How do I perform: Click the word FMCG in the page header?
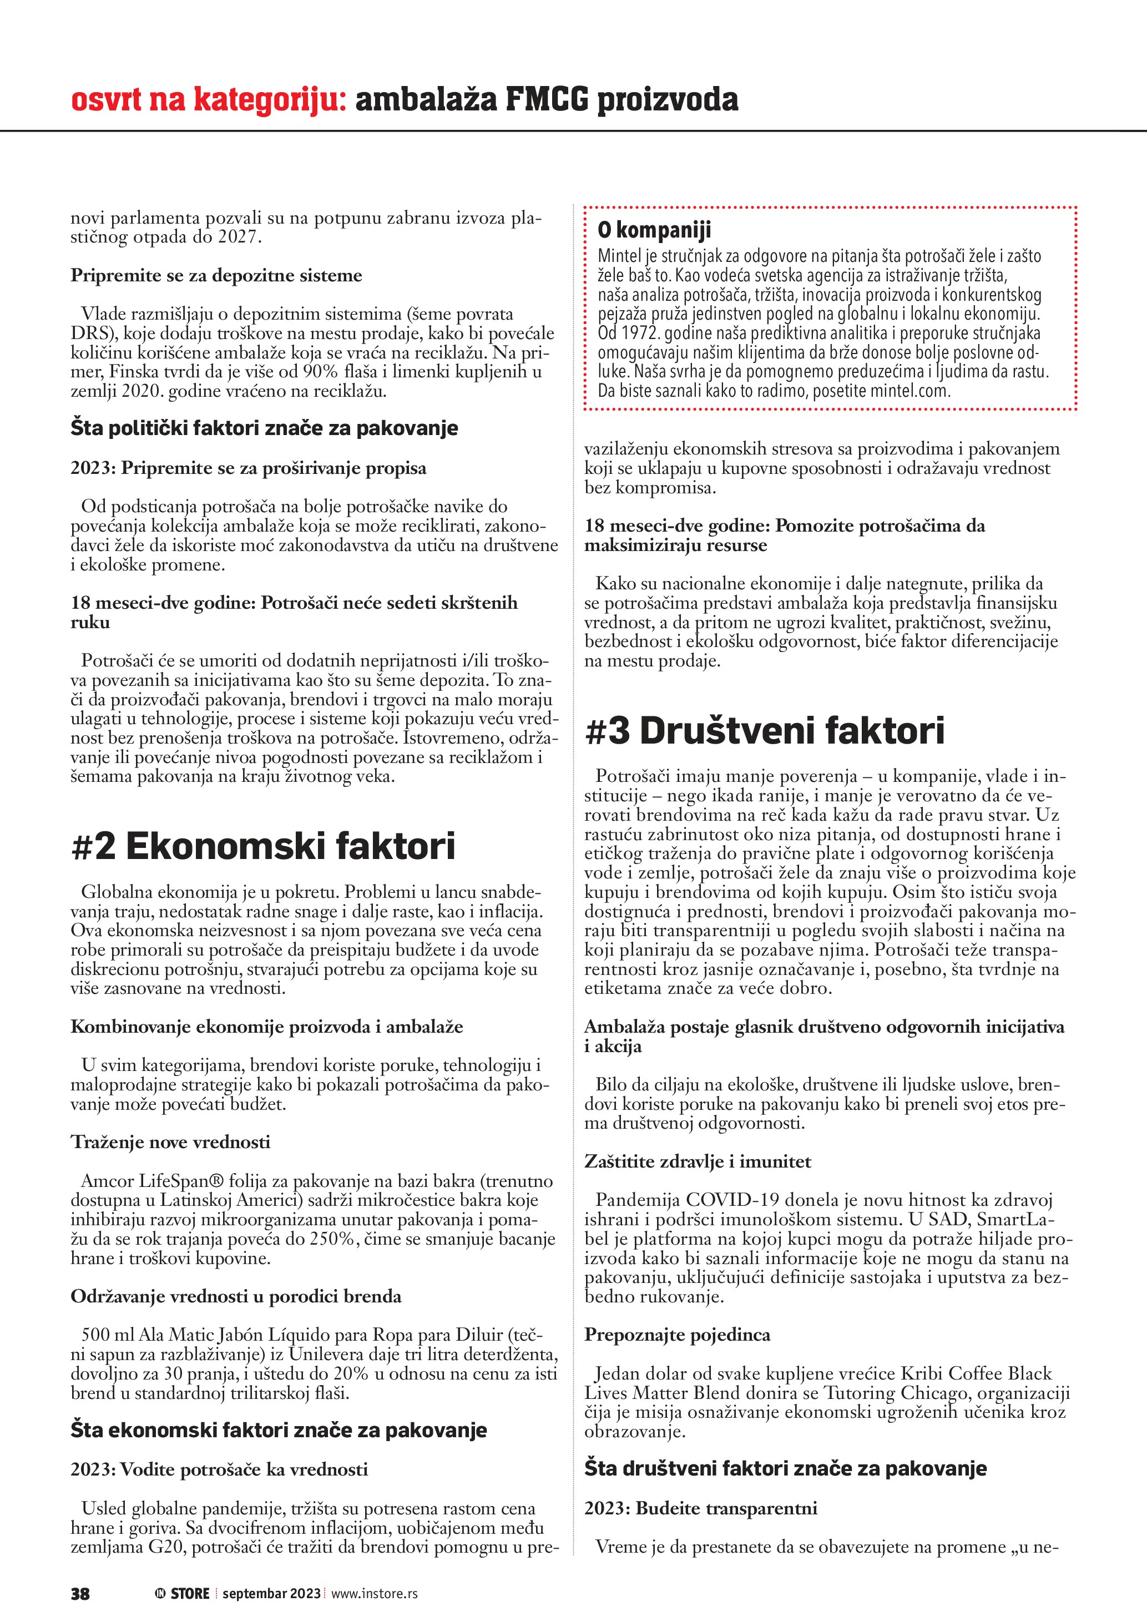click(x=546, y=100)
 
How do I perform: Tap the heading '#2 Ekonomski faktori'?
click(x=264, y=846)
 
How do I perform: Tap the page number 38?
click(x=80, y=1593)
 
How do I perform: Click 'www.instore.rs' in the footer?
click(x=375, y=1593)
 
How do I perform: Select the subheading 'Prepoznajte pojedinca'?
click(x=676, y=1335)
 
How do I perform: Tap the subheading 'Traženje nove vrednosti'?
click(x=170, y=1143)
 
